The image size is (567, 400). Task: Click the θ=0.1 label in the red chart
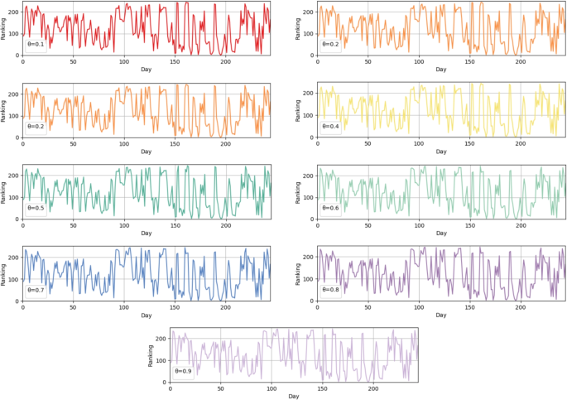click(x=36, y=45)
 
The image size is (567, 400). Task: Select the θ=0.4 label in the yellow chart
click(x=329, y=127)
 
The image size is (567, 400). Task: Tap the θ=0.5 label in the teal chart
click(x=36, y=209)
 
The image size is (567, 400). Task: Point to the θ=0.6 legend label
click(x=329, y=209)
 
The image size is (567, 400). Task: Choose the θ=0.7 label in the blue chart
click(x=36, y=290)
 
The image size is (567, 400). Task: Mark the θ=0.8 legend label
click(x=329, y=290)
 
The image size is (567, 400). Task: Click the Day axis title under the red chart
click(x=147, y=70)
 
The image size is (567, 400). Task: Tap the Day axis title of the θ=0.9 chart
click(x=294, y=397)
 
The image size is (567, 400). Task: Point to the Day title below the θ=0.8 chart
click(x=440, y=315)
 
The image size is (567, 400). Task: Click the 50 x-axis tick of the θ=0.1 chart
click(x=73, y=62)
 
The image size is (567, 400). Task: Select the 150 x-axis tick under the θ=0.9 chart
click(x=322, y=389)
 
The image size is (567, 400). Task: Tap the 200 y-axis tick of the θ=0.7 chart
click(x=13, y=257)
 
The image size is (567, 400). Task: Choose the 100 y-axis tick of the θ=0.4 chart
click(x=307, y=115)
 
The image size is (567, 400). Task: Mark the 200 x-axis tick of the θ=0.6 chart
click(x=519, y=225)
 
